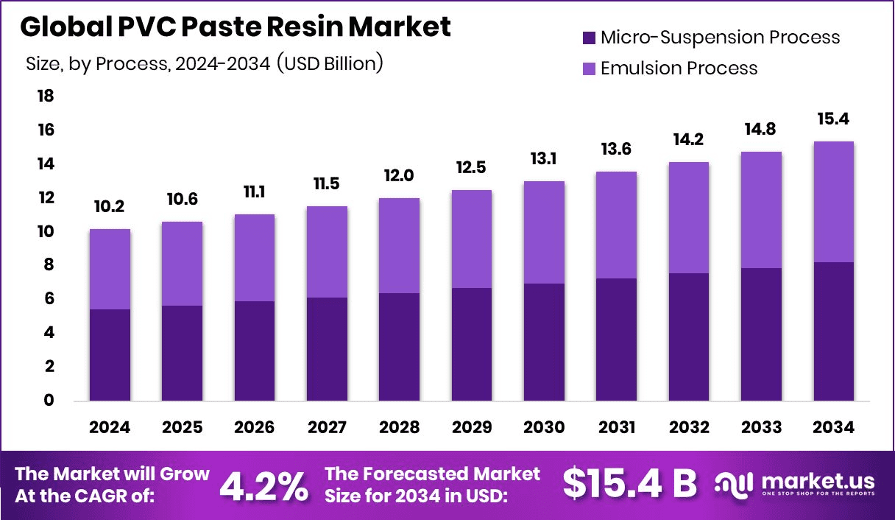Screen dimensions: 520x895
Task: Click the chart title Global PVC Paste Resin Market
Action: pos(236,27)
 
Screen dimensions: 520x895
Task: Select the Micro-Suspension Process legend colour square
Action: pos(590,37)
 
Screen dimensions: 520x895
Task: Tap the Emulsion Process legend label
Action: pos(679,68)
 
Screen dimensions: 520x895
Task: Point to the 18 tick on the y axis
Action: pos(46,96)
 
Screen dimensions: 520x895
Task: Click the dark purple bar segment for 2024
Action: pos(110,355)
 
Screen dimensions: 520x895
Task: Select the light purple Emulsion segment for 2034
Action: pos(833,202)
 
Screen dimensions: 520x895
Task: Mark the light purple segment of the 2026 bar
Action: pos(254,258)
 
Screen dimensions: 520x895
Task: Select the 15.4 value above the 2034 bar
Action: pos(833,119)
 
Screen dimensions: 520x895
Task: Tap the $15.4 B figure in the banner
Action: pos(629,484)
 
